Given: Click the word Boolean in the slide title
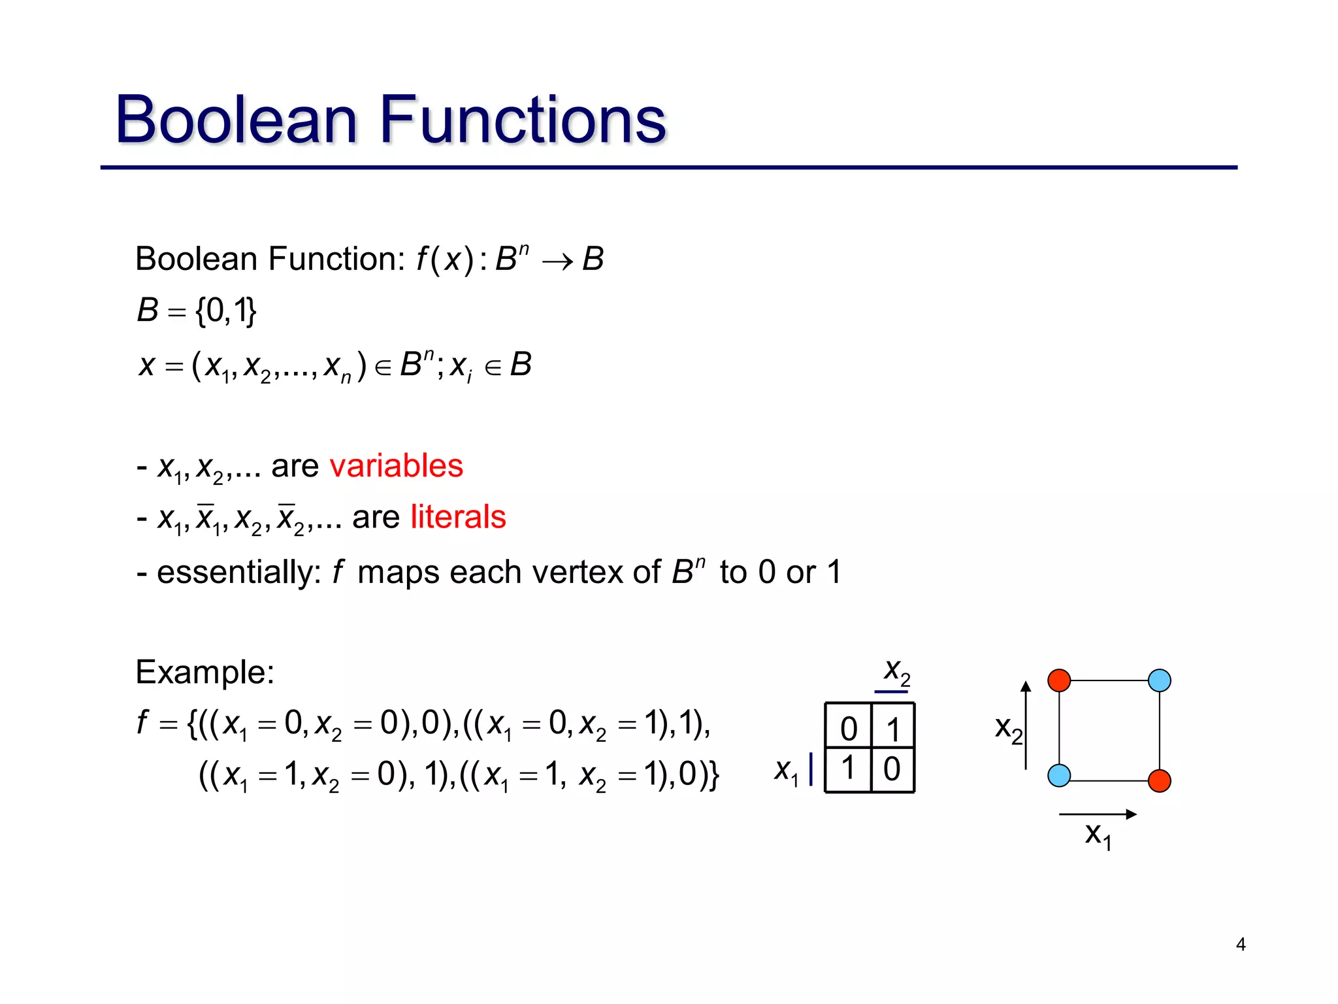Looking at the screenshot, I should [236, 120].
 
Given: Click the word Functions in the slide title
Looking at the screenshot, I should [522, 120].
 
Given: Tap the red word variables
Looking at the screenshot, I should [396, 466].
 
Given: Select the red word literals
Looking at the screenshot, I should [458, 517].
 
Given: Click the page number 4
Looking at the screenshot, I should [1241, 944].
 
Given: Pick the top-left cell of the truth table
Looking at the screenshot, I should [848, 728].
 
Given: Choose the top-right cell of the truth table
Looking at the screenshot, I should [893, 728].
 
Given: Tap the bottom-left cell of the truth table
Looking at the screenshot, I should [848, 769].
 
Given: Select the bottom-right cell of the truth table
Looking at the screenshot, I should [892, 769].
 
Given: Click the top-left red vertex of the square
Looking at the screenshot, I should [1059, 680].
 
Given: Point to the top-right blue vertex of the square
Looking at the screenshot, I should [1160, 680].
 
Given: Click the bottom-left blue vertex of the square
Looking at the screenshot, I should [1059, 776].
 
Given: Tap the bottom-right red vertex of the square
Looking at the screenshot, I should [1160, 780].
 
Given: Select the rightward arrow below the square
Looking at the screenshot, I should [1098, 814].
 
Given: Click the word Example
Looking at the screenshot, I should [204, 672].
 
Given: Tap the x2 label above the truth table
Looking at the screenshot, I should [896, 671].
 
